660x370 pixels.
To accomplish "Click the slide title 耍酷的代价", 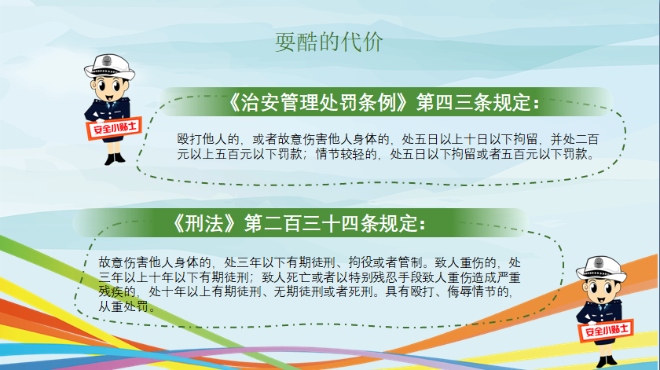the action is click(329, 42).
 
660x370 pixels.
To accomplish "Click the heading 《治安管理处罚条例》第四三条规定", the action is click(383, 102).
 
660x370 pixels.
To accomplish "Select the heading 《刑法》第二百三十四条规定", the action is click(299, 223).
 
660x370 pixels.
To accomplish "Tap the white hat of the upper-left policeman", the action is click(109, 67).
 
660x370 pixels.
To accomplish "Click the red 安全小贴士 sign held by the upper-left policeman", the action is click(114, 127).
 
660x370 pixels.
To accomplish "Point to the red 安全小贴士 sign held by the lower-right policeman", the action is click(606, 330).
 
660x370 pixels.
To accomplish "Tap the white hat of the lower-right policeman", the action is click(601, 269).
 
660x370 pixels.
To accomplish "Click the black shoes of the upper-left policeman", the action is click(115, 159).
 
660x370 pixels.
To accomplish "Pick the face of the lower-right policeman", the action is click(600, 291).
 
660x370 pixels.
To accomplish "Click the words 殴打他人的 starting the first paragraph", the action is click(208, 139).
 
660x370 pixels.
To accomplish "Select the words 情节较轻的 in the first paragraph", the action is click(346, 154).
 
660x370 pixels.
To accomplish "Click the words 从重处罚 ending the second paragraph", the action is click(123, 306).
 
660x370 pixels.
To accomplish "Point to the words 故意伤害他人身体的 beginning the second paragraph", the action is click(155, 262).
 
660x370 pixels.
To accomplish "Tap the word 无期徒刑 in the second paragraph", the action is click(299, 291).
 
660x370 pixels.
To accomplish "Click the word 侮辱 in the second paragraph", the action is click(459, 291).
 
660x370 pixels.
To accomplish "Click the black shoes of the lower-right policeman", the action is click(607, 361).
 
